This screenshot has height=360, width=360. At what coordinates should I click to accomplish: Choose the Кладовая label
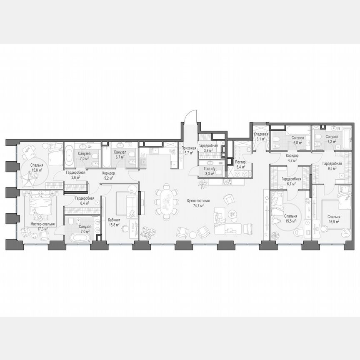[261, 134]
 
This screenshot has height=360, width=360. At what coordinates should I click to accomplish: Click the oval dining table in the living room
[165, 202]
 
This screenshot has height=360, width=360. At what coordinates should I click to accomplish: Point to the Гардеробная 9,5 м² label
[332, 164]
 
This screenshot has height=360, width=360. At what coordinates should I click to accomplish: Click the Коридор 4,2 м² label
[292, 155]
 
